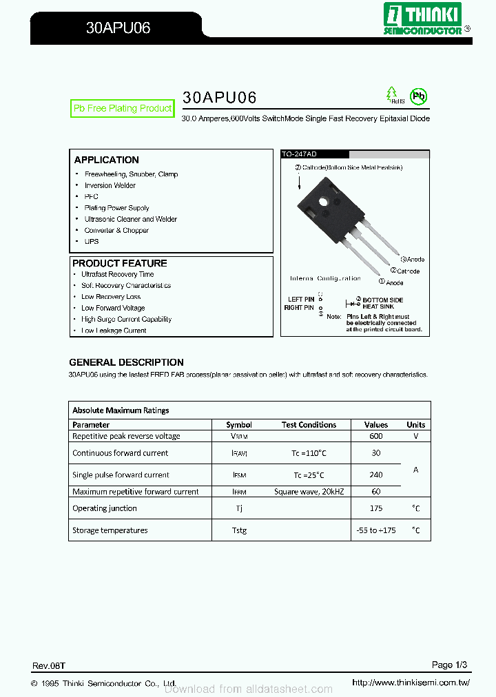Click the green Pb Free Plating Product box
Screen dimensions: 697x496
[123, 109]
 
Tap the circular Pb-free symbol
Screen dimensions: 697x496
[418, 96]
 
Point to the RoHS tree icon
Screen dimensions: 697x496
[392, 94]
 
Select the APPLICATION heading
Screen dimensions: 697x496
[106, 160]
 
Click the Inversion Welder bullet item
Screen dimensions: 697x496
[110, 185]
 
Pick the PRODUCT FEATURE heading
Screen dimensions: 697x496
[119, 263]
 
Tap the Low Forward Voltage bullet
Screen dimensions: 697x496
[113, 308]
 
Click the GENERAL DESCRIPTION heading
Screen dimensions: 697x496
[126, 362]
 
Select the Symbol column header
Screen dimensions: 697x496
[239, 425]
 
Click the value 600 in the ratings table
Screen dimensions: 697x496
[376, 436]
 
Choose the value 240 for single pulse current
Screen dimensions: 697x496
[376, 475]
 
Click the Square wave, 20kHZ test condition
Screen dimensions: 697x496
[309, 492]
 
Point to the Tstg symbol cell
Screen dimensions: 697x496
[239, 530]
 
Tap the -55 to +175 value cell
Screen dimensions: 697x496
[376, 530]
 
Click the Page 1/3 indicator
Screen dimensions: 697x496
[449, 665]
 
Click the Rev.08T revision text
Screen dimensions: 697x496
[48, 666]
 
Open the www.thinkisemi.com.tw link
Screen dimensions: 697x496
[411, 683]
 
